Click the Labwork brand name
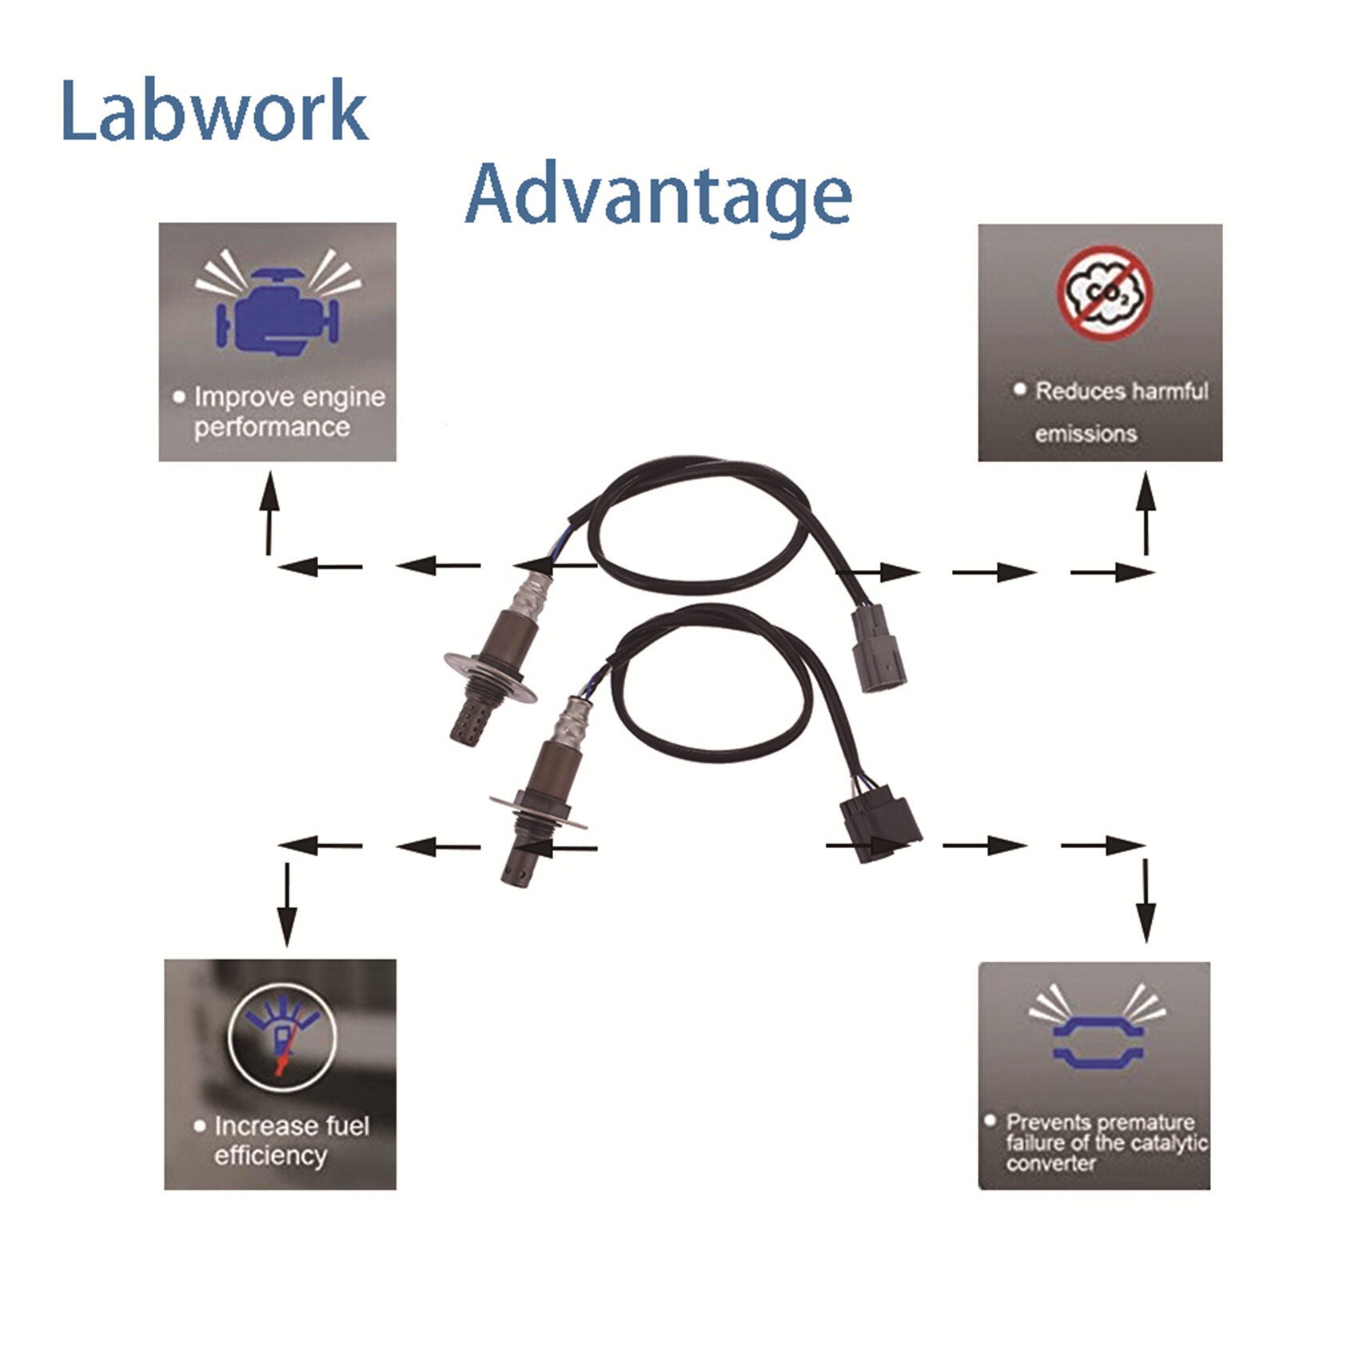click(214, 110)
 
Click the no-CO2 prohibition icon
click(1105, 291)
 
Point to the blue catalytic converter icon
click(1098, 1042)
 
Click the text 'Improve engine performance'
click(280, 412)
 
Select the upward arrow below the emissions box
click(1147, 512)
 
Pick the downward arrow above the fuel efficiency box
click(287, 903)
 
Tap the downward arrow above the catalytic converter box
click(1146, 900)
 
